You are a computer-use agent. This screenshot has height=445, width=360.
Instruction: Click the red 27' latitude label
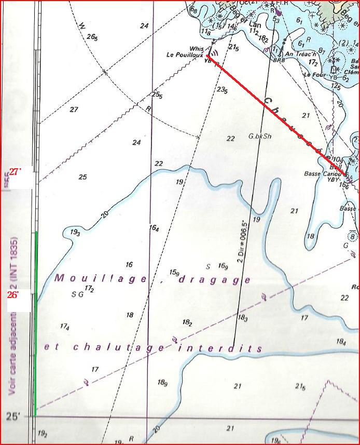15,172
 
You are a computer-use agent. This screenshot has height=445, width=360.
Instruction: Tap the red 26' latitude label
13,294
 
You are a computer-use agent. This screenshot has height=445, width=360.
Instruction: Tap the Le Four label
315,74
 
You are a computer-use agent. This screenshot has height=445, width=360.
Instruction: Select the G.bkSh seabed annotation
260,137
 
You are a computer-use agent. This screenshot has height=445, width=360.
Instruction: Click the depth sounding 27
74,110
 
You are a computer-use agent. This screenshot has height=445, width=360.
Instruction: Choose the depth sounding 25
82,177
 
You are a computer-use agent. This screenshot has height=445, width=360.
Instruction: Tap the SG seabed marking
77,293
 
